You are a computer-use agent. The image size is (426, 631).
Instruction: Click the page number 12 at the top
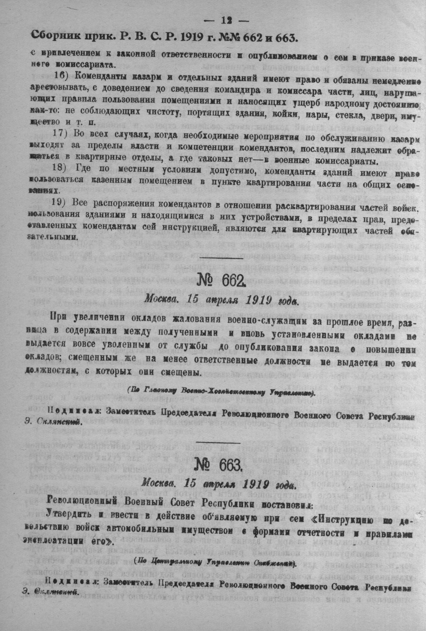[x=226, y=21]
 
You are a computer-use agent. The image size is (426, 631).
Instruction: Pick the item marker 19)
[x=60, y=202]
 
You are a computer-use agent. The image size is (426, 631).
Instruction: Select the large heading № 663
[x=219, y=465]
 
